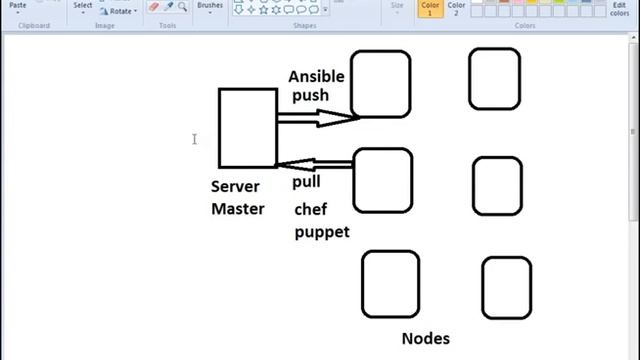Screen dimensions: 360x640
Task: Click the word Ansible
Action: [x=316, y=76]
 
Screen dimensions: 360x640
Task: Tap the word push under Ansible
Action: [x=310, y=96]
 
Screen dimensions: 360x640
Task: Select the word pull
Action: [x=306, y=183]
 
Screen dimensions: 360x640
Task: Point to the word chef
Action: [x=311, y=209]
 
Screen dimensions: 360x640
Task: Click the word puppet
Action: [x=321, y=232]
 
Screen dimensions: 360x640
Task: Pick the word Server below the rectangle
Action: [x=235, y=187]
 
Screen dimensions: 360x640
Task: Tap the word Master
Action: [x=237, y=209]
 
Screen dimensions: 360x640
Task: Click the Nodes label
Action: [x=425, y=338]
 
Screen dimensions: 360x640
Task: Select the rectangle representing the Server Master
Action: [x=247, y=127]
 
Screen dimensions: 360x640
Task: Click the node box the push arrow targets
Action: [x=380, y=84]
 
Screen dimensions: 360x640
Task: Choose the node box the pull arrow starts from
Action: [x=382, y=181]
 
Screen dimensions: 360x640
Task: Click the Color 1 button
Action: [x=430, y=9]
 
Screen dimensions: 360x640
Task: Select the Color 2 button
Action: [x=456, y=9]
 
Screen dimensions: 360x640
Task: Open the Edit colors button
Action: [x=620, y=9]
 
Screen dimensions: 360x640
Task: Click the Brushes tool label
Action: [x=210, y=5]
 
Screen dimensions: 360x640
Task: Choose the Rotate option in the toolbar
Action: [x=121, y=11]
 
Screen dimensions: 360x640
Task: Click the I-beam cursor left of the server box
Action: [x=194, y=139]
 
